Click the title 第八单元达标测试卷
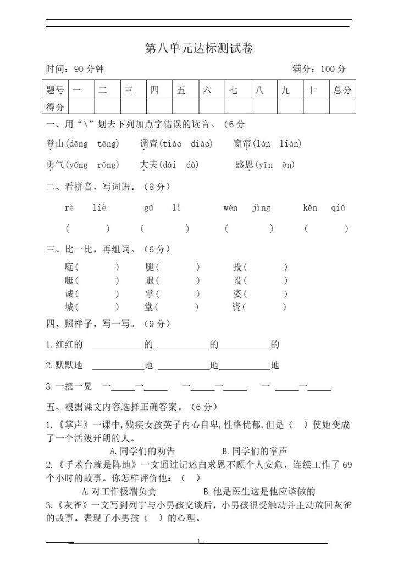click(198, 48)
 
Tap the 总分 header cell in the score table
click(342, 90)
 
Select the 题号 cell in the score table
click(55, 90)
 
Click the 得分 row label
click(55, 106)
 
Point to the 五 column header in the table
click(181, 90)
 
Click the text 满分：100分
click(319, 69)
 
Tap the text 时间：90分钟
click(75, 69)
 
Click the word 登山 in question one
click(56, 144)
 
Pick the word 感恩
click(244, 165)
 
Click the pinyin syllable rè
click(69, 208)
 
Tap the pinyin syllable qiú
click(339, 208)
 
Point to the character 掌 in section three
click(149, 294)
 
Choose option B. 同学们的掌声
click(255, 451)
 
